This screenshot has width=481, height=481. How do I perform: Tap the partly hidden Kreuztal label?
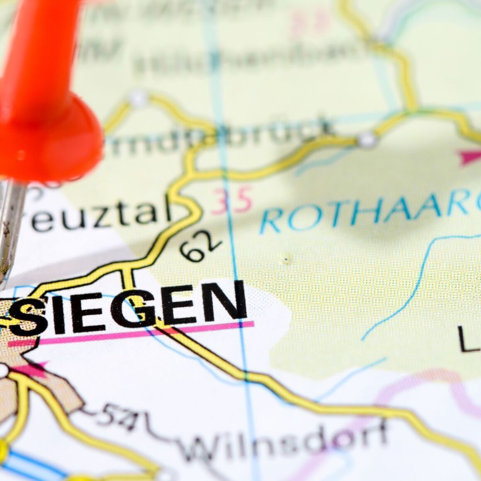(100, 216)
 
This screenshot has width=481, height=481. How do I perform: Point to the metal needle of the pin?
(10, 232)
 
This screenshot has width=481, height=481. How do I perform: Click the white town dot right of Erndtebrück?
(367, 140)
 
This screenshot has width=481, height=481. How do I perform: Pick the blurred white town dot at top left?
(138, 99)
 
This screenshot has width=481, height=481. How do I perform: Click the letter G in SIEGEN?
(141, 309)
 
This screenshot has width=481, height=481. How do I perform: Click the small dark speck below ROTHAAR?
(285, 260)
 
